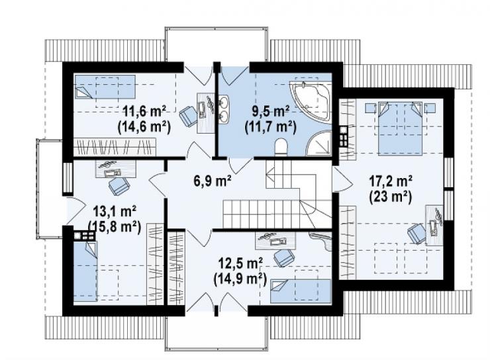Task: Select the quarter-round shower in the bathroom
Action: tap(319, 144)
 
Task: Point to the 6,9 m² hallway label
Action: tap(213, 181)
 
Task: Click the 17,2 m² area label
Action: tap(390, 180)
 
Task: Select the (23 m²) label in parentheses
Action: tap(390, 197)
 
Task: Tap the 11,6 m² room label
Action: tap(144, 111)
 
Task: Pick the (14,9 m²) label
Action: tap(240, 279)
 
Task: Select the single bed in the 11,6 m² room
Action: tap(105, 87)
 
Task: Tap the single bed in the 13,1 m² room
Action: tap(85, 271)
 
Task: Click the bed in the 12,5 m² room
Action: tap(301, 291)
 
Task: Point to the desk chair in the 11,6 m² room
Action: tap(188, 115)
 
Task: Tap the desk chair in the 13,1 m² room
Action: tap(119, 187)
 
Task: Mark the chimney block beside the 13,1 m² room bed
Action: tap(84, 236)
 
